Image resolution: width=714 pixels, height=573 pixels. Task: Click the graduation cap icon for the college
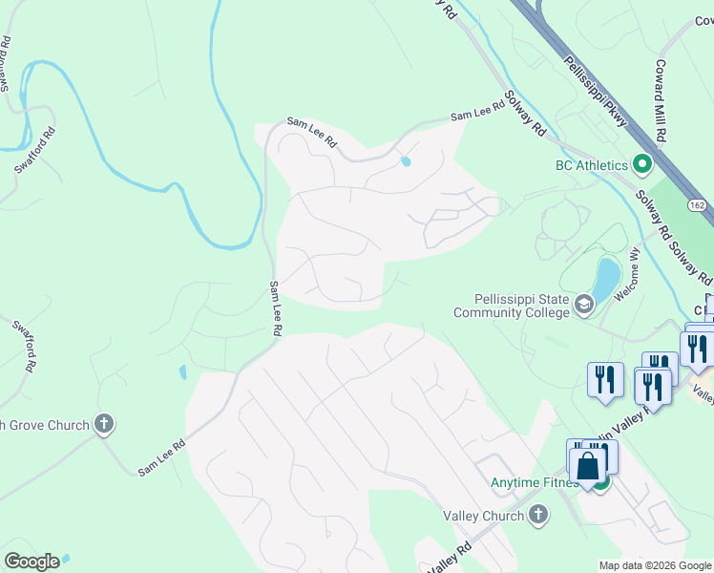[x=584, y=306]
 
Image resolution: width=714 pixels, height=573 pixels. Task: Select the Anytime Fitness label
[x=532, y=482]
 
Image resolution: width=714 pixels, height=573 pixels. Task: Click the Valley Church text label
[x=484, y=516]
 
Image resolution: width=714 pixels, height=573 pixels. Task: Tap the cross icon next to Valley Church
[x=538, y=516]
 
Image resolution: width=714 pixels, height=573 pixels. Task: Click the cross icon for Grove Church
[x=105, y=424]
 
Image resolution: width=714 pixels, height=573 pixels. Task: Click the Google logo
[x=31, y=561]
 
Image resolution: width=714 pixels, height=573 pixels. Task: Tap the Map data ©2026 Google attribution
[x=655, y=564]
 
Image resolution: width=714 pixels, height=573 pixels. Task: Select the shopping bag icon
[x=588, y=466]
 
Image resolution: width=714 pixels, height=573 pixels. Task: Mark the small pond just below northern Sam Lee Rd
[x=407, y=161]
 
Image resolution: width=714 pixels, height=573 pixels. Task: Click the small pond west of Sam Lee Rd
[x=181, y=371]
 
